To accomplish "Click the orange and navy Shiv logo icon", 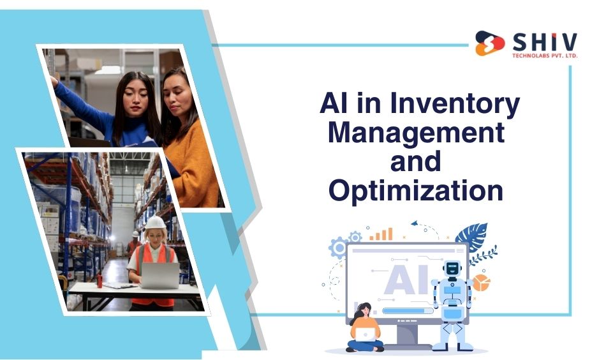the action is [x=490, y=43].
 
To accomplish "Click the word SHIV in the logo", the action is [x=545, y=42].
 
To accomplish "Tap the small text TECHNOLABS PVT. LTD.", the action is [x=545, y=56].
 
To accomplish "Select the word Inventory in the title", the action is [x=455, y=103].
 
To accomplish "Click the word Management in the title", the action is [x=417, y=132].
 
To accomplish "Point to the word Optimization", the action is [x=416, y=191].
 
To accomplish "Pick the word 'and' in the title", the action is [x=415, y=161].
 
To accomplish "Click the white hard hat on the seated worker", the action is [x=155, y=223].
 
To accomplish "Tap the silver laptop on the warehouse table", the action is [x=159, y=275].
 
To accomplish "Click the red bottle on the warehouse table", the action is [x=100, y=280].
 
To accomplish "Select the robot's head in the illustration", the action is [x=452, y=268].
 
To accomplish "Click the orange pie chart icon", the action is [x=481, y=283].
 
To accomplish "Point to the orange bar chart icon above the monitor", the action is [x=381, y=234].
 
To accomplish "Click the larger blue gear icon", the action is [x=339, y=248].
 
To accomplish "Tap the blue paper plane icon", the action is [x=415, y=223].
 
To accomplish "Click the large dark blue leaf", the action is [x=472, y=236].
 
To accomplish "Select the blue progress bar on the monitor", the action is [x=408, y=310].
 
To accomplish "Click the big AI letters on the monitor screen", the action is [x=406, y=279].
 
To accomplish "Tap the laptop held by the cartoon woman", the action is [x=365, y=334].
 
